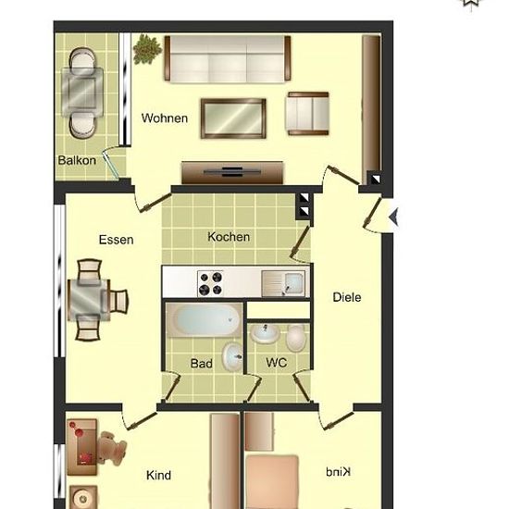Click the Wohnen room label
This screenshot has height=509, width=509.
pos(165,118)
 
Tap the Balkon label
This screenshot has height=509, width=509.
pos(77,160)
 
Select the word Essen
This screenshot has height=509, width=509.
pos(117,240)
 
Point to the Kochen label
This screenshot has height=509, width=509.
pos(229,237)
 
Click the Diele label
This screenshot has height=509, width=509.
pos(347,297)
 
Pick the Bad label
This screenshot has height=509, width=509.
pos(202,364)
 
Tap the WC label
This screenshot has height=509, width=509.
pos(277,362)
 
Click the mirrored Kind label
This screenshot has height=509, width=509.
pos(338,472)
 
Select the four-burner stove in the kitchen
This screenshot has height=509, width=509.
pos(211,283)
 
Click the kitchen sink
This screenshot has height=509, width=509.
pos(283,284)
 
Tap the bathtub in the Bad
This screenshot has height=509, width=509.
pos(205,320)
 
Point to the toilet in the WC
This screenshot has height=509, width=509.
pos(296,338)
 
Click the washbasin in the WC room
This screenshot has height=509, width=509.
pos(265,333)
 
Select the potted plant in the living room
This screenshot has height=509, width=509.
pos(147,49)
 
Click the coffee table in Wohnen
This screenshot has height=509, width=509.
pos(233,118)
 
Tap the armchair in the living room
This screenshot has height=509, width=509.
pos(308,113)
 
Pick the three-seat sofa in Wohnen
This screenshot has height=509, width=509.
pos(228,59)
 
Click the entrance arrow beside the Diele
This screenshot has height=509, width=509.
pos(394,217)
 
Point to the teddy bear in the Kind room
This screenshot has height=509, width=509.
pos(112,446)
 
